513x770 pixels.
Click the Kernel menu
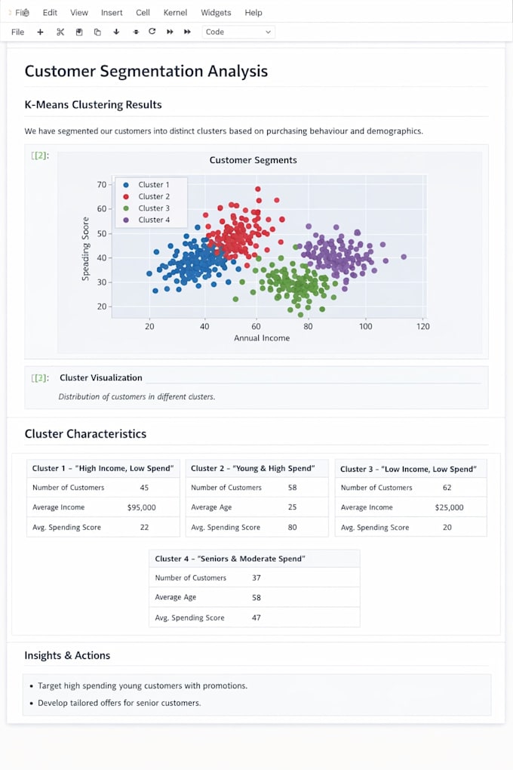tap(175, 13)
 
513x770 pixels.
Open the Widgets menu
tap(216, 13)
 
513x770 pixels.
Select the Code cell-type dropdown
tap(238, 32)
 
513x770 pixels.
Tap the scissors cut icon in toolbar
tap(60, 32)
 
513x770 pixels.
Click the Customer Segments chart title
tap(253, 160)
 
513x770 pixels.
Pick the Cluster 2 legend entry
tap(148, 196)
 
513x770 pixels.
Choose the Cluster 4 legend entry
tap(148, 220)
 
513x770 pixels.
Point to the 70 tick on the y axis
tap(102, 185)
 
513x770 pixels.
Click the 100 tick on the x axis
tap(365, 326)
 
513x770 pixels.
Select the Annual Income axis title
tap(262, 338)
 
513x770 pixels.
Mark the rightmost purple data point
tap(404, 257)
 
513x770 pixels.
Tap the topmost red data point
tap(258, 189)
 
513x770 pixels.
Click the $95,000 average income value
tap(141, 508)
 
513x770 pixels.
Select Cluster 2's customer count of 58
tap(292, 488)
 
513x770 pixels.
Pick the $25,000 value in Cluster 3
tap(449, 508)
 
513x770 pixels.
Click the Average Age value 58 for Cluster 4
tap(256, 598)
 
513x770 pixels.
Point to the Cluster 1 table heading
tap(103, 469)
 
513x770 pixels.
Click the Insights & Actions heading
tap(67, 655)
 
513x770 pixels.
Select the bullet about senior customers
tap(119, 704)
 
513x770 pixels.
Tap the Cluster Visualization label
tap(101, 377)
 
